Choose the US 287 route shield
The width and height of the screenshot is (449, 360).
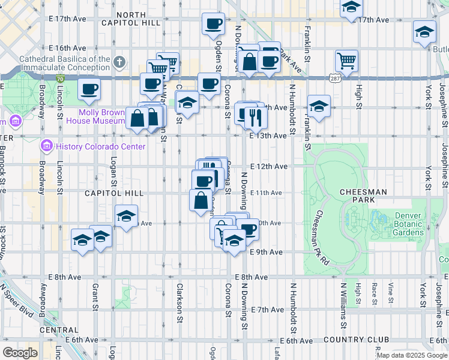(x=334, y=77)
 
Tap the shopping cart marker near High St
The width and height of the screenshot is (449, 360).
(x=346, y=60)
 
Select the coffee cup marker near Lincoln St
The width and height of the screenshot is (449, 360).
(x=89, y=90)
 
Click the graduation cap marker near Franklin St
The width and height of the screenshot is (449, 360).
(x=318, y=106)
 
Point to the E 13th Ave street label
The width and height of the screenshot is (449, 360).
(x=268, y=136)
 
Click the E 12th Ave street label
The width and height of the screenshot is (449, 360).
(x=267, y=166)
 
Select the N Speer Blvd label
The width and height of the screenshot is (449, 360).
(x=17, y=307)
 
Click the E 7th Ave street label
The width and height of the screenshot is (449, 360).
(x=267, y=310)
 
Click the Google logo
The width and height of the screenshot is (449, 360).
(x=20, y=352)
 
